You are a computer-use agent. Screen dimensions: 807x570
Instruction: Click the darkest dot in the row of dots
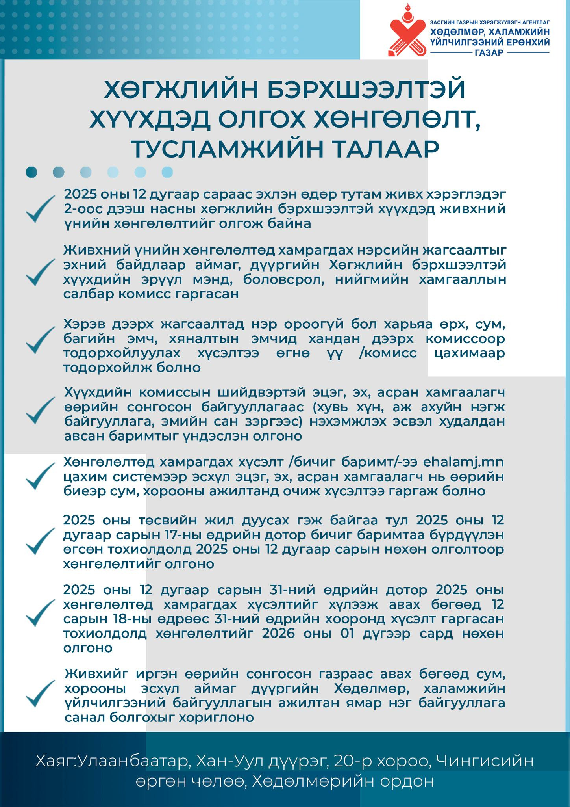tap(31, 172)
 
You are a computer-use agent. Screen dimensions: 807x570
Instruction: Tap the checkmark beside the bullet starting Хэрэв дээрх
tap(40, 340)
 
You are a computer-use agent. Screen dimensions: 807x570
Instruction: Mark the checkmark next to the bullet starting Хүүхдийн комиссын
tap(40, 410)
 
